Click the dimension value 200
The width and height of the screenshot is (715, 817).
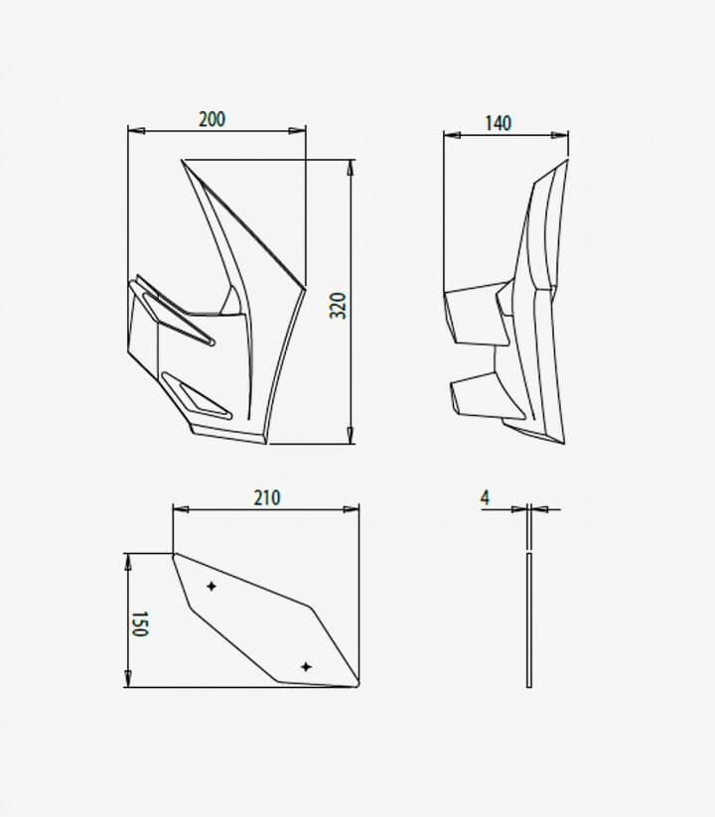212,119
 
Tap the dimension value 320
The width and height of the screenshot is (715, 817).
339,305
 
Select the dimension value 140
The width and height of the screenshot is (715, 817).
499,123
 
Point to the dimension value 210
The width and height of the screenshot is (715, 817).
267,497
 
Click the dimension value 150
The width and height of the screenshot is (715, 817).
140,623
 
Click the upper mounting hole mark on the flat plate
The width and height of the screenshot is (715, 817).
212,587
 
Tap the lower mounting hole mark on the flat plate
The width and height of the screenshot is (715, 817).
306,666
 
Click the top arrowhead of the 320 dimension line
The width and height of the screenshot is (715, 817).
351,166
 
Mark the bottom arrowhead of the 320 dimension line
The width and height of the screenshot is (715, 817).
351,437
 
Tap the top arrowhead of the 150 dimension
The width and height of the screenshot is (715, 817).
127,560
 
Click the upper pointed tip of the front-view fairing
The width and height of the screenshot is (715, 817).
184,161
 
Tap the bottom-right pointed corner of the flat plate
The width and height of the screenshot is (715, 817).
357,685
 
